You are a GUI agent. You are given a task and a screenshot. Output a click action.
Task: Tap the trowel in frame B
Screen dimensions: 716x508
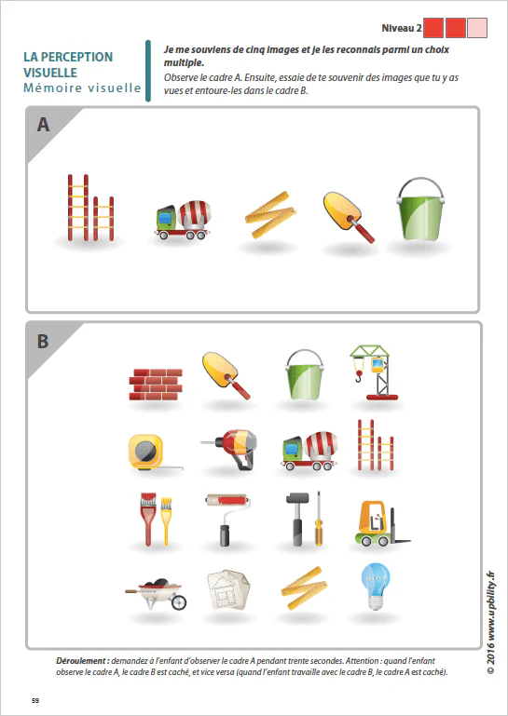coord(227,373)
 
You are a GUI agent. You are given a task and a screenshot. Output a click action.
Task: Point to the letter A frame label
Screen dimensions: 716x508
coord(43,125)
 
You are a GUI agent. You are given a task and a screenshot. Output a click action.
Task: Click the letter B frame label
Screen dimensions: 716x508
coord(43,341)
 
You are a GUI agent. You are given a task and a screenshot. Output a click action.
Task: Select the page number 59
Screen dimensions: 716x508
coord(35,700)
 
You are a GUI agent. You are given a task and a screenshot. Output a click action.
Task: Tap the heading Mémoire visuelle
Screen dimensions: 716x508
coord(82,88)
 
